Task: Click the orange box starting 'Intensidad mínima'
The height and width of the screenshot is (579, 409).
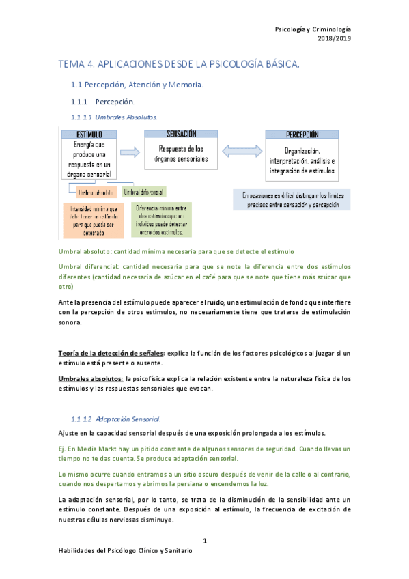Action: click(x=89, y=221)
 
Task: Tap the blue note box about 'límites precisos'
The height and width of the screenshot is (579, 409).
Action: click(x=292, y=199)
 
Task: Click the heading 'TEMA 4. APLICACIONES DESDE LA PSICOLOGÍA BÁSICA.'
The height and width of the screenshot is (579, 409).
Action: click(x=179, y=64)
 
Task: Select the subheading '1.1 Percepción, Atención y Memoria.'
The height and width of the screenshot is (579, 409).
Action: click(x=137, y=85)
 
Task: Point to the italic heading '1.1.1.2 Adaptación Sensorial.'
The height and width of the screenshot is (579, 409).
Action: click(x=116, y=418)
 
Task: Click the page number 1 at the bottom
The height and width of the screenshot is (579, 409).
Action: click(x=204, y=542)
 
